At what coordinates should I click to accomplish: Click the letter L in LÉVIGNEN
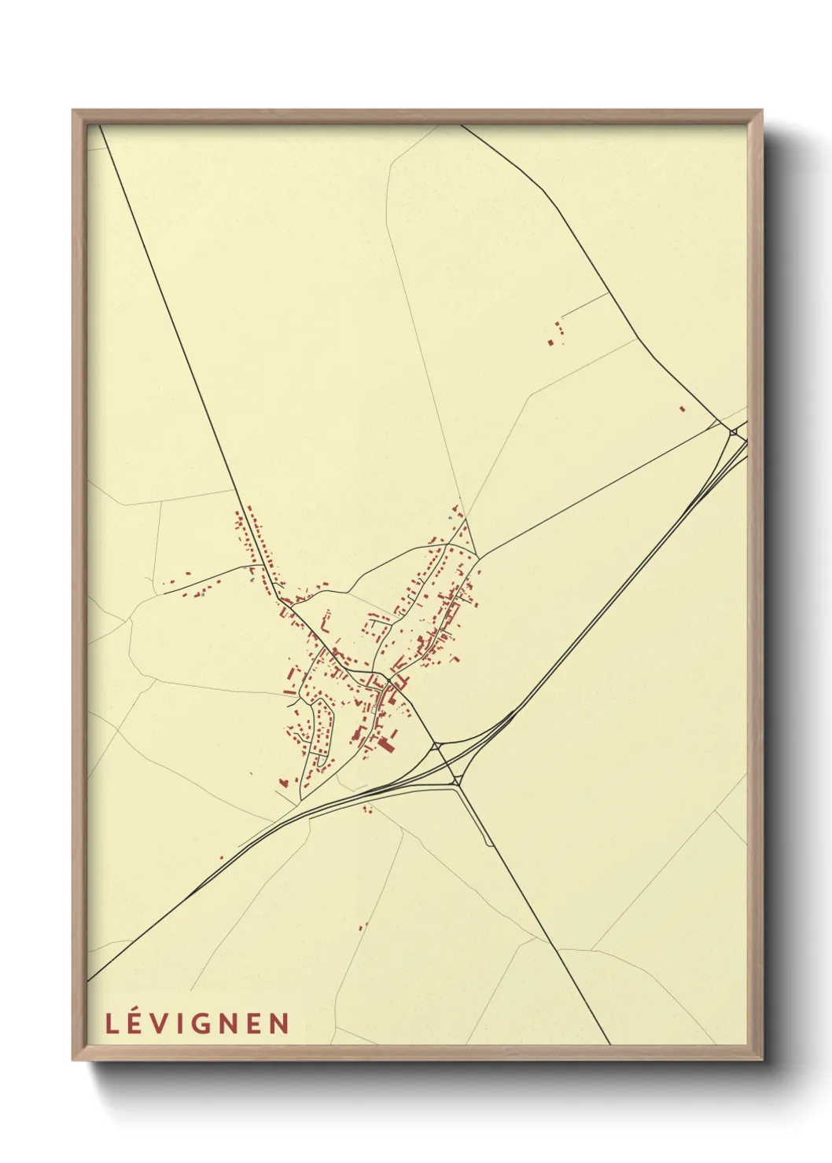coord(112,1024)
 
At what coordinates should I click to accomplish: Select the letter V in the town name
coord(165,1024)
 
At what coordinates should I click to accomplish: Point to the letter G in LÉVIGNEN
coord(210,1024)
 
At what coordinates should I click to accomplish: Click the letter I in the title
coord(187,1024)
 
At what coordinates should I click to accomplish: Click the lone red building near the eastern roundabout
coord(682,409)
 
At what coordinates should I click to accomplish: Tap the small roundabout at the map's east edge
coord(733,431)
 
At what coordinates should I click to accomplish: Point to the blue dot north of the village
coord(450,519)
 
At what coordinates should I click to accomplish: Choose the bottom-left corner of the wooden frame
coord(74,1058)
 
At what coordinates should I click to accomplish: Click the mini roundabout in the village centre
coord(389,680)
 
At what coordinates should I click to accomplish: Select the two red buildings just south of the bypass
coord(366,808)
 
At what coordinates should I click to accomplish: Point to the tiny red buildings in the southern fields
coord(363,926)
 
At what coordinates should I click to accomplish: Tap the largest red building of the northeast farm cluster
coord(550,342)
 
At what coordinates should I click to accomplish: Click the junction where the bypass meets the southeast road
coord(457,781)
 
